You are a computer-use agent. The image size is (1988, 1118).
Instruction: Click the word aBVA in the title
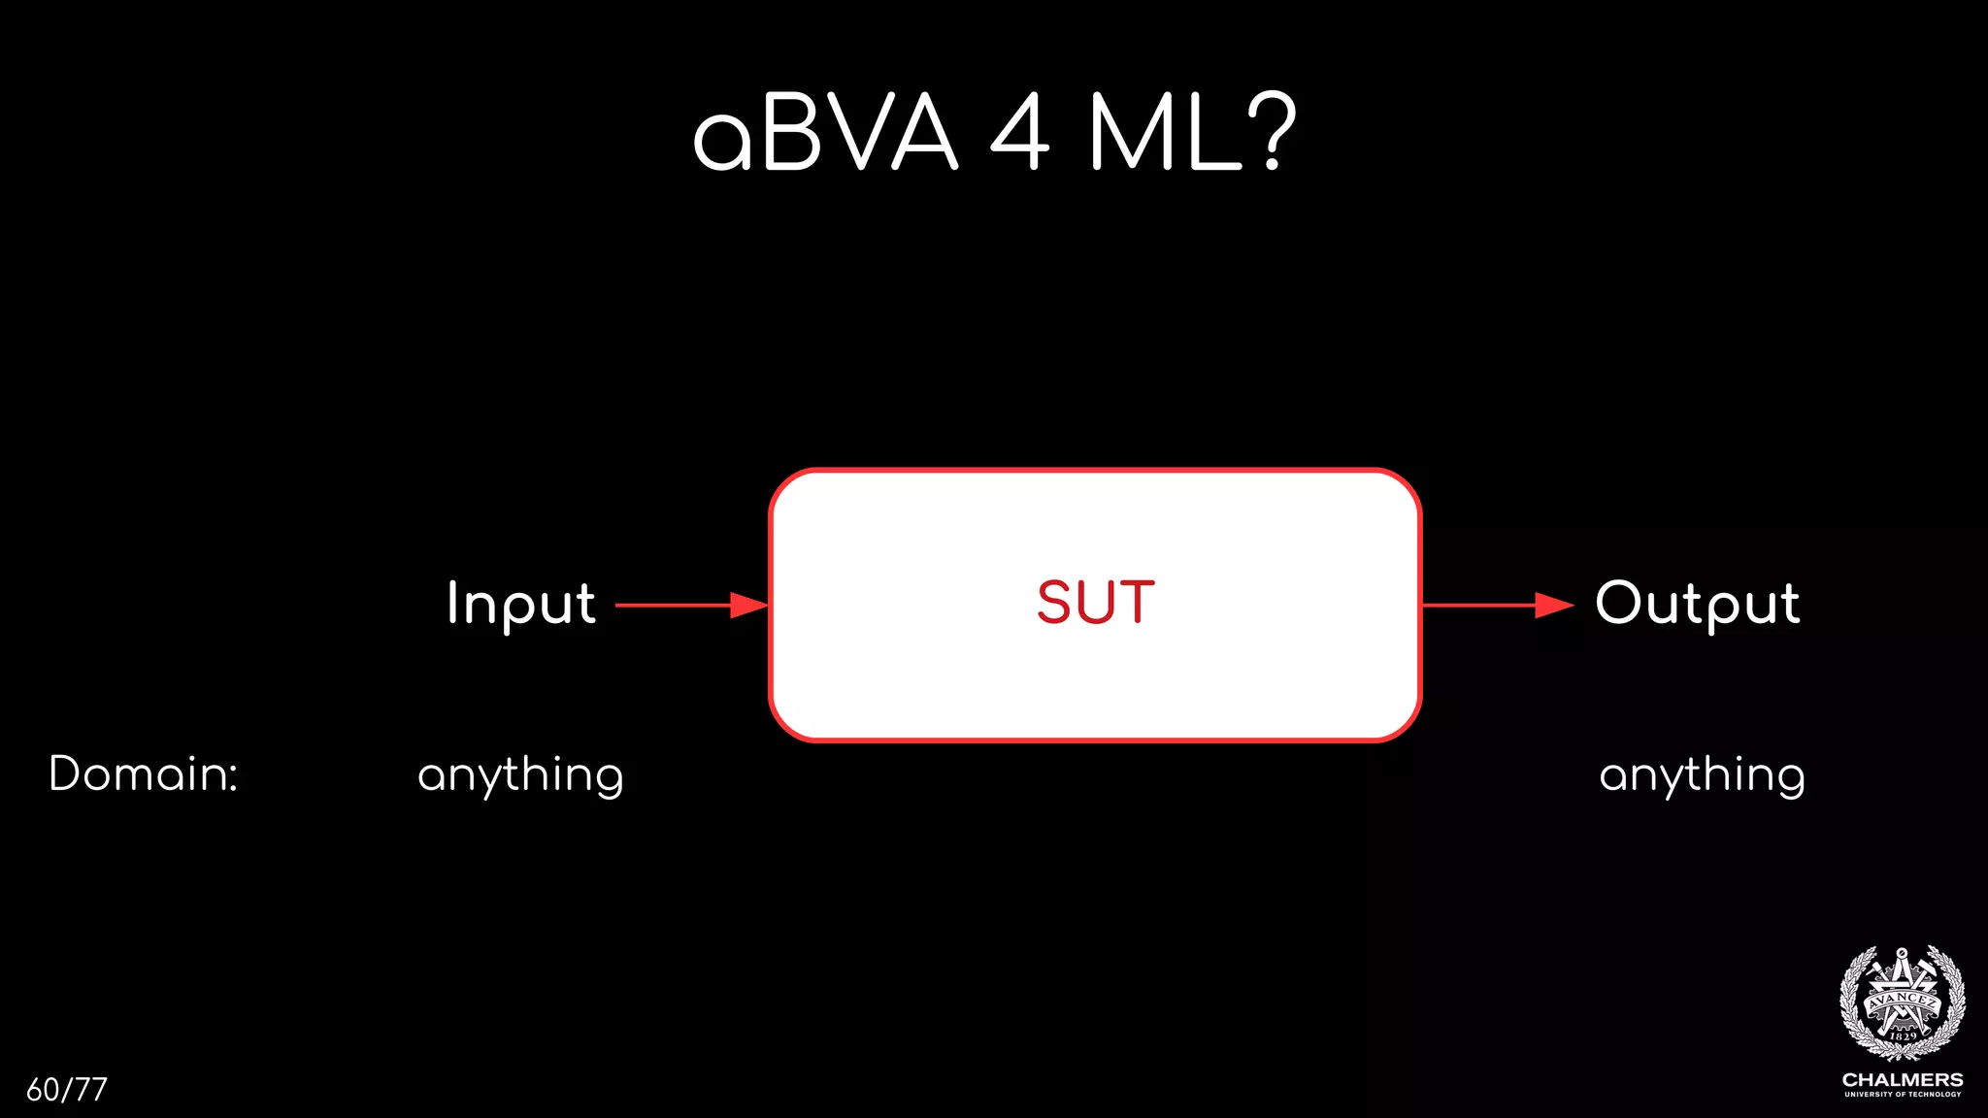click(x=825, y=134)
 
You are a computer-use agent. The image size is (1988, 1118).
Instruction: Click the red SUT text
click(x=1096, y=603)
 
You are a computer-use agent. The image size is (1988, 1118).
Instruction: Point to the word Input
click(x=521, y=604)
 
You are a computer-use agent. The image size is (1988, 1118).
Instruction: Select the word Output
click(x=1698, y=604)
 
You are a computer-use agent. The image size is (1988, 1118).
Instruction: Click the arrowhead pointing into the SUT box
click(x=748, y=606)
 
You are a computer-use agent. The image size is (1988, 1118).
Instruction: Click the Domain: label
click(x=144, y=774)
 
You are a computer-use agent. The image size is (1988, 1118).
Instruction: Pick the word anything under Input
click(x=520, y=776)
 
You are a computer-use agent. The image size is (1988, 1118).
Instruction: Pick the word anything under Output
click(x=1702, y=776)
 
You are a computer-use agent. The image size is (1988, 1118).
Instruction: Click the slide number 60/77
click(x=67, y=1090)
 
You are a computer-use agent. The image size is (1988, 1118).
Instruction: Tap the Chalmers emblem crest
click(x=1903, y=1003)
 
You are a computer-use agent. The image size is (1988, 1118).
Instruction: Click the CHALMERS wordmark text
click(x=1903, y=1080)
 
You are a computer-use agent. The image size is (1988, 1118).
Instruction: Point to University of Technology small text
click(x=1903, y=1095)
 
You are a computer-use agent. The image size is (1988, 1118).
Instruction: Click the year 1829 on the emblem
click(x=1903, y=1036)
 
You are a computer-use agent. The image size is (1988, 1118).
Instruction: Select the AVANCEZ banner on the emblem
click(x=1903, y=1000)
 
